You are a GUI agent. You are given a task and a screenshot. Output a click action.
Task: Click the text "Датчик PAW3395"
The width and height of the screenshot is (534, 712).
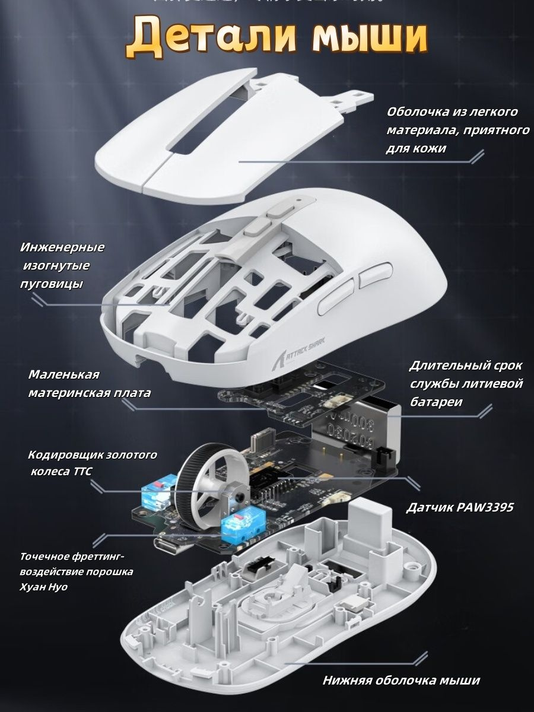(x=460, y=508)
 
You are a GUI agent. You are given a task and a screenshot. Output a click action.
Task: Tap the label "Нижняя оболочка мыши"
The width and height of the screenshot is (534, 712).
(x=401, y=681)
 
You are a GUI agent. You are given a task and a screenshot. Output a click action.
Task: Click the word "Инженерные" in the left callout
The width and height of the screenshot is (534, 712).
(x=62, y=247)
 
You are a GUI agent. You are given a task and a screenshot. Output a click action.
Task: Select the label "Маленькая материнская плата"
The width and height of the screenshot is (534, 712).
(x=89, y=384)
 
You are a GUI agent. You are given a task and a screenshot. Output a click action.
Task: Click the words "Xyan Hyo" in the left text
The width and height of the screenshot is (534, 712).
(x=44, y=587)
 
